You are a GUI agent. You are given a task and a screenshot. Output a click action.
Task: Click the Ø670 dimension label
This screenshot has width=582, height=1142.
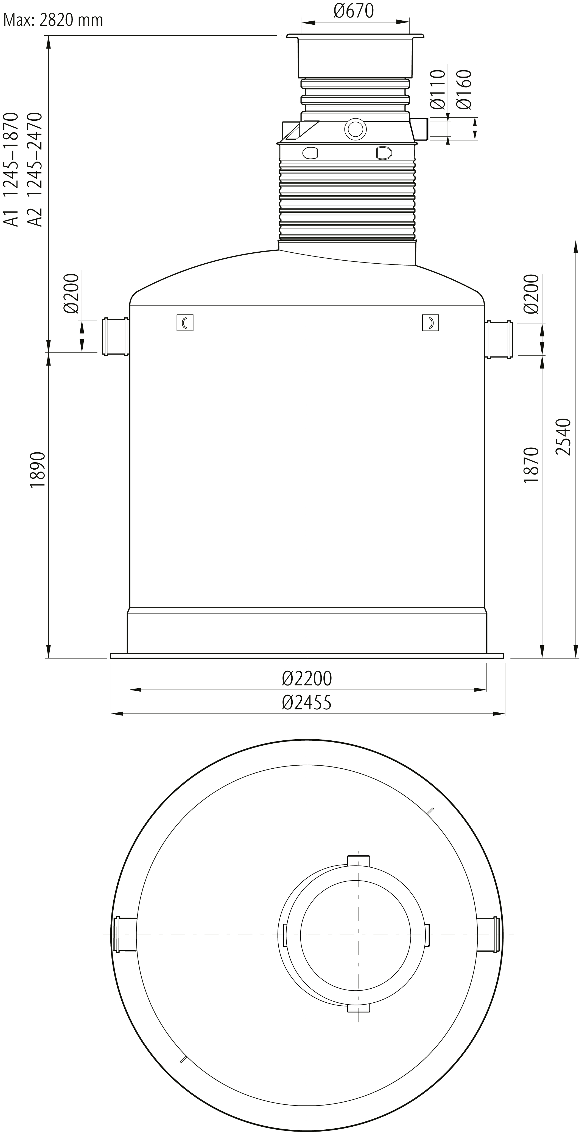[x=354, y=11]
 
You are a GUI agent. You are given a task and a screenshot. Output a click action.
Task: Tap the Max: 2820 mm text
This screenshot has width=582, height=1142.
[x=53, y=20]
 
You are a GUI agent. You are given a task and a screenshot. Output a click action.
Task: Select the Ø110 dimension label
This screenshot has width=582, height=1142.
[x=437, y=89]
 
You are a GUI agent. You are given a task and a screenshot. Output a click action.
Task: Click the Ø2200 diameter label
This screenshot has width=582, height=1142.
[x=307, y=678]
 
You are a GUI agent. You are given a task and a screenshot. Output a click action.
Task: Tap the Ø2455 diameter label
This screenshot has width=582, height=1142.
[x=307, y=702]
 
